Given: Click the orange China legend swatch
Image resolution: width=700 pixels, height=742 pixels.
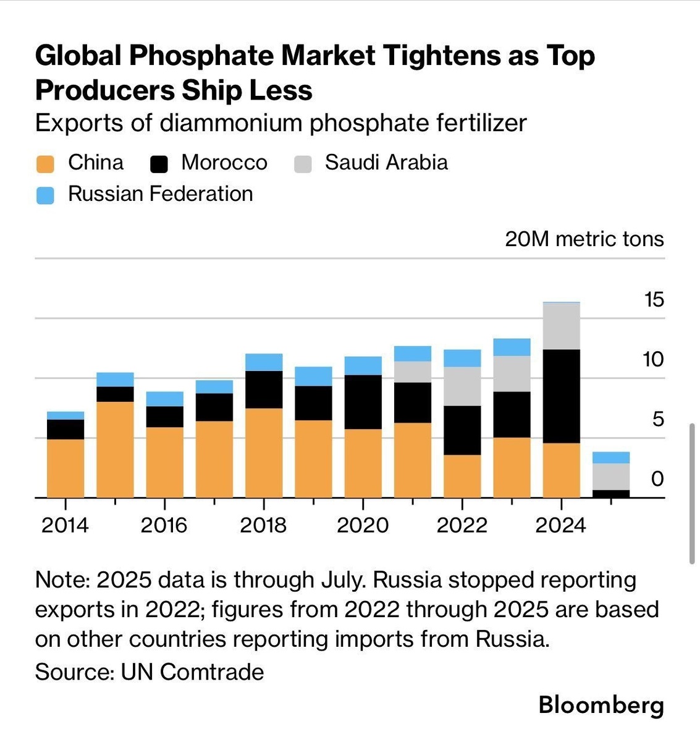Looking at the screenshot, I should pos(45,164).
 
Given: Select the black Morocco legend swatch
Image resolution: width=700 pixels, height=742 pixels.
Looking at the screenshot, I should pos(159,164).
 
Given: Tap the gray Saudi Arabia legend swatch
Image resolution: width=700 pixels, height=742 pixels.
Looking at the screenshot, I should pos(303,164).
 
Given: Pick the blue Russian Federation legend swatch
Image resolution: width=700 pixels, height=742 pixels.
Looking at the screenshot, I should pos(45,195).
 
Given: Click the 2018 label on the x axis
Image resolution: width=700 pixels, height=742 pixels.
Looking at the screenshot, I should pos(263,525).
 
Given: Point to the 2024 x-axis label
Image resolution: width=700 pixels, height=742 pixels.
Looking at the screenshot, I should pos(560,525).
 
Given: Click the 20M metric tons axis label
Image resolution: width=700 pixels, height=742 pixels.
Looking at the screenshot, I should pos(584,239).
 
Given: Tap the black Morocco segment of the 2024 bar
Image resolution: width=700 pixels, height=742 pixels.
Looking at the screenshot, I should pos(561,396).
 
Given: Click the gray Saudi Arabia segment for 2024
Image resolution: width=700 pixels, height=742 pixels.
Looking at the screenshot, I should pos(561,326).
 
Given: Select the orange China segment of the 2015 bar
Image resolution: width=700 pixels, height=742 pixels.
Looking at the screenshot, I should pos(115,450).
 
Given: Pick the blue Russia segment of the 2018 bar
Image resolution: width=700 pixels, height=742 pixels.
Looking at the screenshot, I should pos(264,362).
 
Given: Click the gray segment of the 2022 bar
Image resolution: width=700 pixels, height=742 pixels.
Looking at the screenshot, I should pos(462,386).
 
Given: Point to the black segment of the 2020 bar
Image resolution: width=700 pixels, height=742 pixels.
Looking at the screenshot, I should pos(363,402).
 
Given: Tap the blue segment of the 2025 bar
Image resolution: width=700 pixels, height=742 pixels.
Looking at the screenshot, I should pos(611,458).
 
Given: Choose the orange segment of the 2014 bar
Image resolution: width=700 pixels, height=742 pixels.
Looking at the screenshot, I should pos(65,468).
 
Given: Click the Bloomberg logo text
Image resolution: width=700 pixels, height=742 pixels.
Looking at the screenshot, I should pos(601,705).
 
